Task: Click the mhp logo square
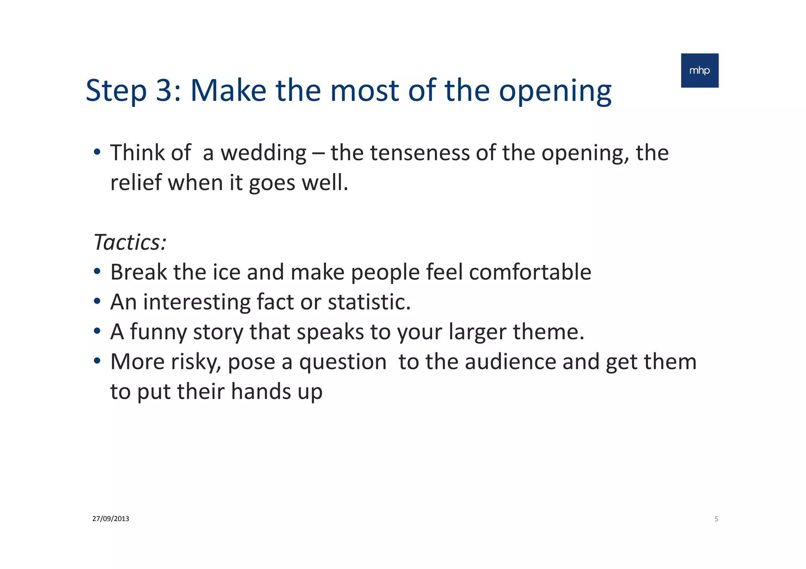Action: pyautogui.click(x=699, y=70)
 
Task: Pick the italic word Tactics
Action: pyautogui.click(x=128, y=242)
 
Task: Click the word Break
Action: pyautogui.click(x=139, y=272)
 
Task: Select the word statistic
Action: pyautogui.click(x=369, y=302)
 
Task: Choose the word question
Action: pyautogui.click(x=343, y=362)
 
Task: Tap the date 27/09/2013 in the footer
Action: pyautogui.click(x=111, y=519)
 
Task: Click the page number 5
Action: pyautogui.click(x=716, y=519)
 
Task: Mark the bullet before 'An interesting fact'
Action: pyautogui.click(x=97, y=302)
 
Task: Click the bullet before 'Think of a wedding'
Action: pyautogui.click(x=97, y=152)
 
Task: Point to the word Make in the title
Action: pyautogui.click(x=228, y=90)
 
